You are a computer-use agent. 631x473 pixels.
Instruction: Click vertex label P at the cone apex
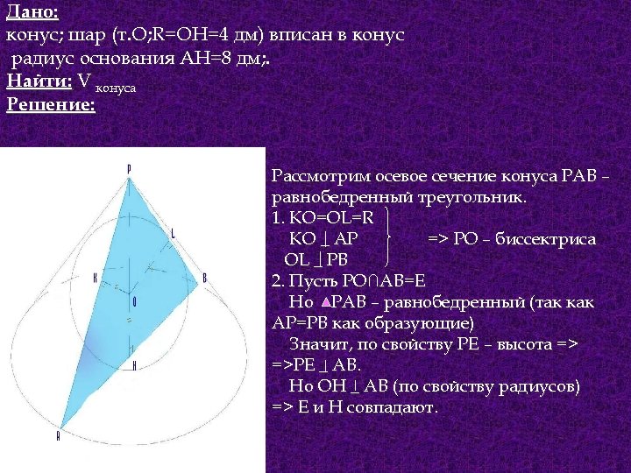[x=129, y=168]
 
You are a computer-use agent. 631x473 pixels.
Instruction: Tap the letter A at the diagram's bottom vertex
[x=59, y=435]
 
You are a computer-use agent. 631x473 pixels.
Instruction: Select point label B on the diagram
[x=204, y=278]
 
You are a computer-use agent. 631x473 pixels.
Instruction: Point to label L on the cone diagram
[x=173, y=233]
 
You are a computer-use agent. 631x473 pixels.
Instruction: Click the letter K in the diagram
[x=95, y=277]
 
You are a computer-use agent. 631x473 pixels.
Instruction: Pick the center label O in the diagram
[x=134, y=300]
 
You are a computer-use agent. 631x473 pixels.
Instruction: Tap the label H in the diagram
[x=134, y=365]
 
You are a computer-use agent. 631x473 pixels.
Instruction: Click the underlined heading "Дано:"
[x=32, y=12]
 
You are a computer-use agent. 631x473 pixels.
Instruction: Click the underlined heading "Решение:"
[x=50, y=104]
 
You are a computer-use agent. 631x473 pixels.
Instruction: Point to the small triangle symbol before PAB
[x=325, y=302]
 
